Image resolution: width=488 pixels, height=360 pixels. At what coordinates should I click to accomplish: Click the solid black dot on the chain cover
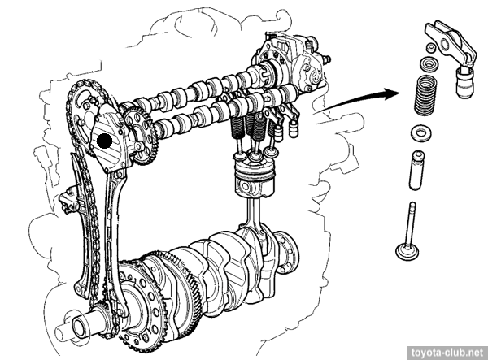coord(105,141)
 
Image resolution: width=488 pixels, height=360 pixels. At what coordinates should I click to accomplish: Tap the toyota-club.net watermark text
coord(447,353)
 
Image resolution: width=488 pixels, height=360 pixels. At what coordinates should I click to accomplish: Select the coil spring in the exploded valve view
coord(425,95)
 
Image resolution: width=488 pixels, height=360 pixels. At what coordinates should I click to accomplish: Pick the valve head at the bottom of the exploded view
coord(407,251)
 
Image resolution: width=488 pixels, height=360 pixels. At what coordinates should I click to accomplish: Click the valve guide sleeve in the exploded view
coord(416,170)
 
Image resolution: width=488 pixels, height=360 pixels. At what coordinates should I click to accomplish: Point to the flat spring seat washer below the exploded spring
coord(420,133)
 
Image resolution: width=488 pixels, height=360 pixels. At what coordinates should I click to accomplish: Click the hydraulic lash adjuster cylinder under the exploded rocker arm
coord(465,82)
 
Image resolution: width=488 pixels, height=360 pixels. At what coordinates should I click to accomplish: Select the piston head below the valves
coord(255,178)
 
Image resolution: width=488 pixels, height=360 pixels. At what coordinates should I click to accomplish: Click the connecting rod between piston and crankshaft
coord(253,218)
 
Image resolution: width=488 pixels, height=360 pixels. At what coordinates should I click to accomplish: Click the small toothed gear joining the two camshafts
coord(141,136)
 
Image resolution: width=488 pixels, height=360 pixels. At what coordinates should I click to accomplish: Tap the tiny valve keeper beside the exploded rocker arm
coord(431,48)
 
